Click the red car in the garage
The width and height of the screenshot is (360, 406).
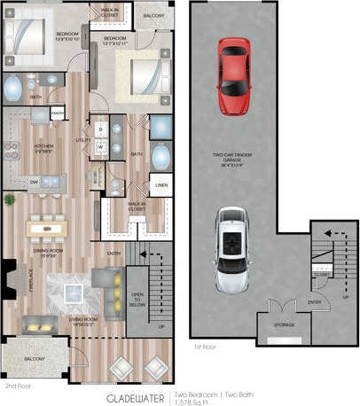point(233,66)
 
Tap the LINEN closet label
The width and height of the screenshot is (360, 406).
point(160,185)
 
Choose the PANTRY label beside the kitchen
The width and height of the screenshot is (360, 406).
point(57,113)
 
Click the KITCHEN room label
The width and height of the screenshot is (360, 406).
point(44,145)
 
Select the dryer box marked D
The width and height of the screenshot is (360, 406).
point(100,129)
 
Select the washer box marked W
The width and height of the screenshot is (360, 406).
point(100,146)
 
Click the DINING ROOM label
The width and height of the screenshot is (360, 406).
point(47,252)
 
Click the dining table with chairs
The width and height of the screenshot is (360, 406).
point(47,229)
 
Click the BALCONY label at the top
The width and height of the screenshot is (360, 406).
point(153,15)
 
